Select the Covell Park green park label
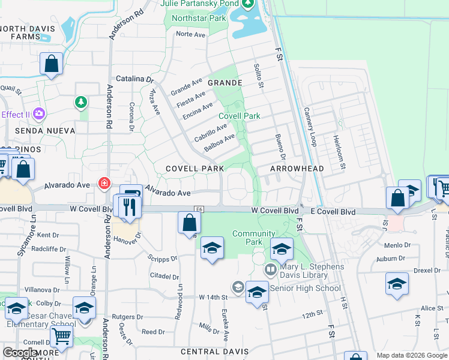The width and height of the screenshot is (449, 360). pos(240,116)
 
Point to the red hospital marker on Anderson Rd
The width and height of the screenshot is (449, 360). pos(104,182)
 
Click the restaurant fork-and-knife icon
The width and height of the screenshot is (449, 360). pos(130,207)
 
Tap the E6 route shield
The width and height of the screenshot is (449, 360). pos(197,208)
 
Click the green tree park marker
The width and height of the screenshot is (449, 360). pos(81,103)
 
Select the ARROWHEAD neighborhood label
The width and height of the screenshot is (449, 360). pos(297,169)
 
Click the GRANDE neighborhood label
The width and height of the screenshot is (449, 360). pos(225,83)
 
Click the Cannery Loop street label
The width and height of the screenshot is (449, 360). pos(310,127)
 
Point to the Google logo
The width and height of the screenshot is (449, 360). pos(19,353)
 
